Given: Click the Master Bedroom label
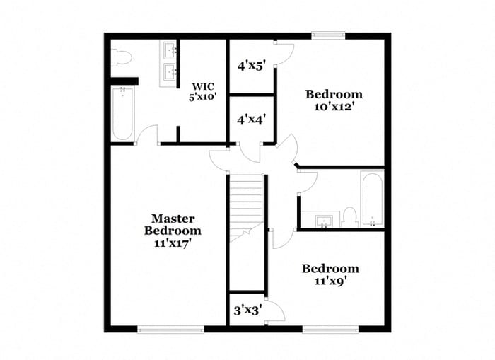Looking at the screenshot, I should [x=173, y=225].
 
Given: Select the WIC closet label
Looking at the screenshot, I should [x=202, y=86].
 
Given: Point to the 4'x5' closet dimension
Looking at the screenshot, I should [x=251, y=66].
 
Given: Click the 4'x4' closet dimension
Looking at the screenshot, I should [x=251, y=120].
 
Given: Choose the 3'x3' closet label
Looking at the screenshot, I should [x=248, y=310].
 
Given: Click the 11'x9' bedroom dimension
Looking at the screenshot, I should [x=330, y=281].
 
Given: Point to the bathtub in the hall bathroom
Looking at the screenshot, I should [x=372, y=199].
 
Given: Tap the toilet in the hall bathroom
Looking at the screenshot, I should [x=349, y=216].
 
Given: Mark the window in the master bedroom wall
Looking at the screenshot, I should [x=161, y=329].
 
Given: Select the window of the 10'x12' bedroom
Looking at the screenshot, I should [x=329, y=34].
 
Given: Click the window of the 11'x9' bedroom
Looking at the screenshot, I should [x=330, y=329].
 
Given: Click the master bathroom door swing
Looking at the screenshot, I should [x=147, y=134].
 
